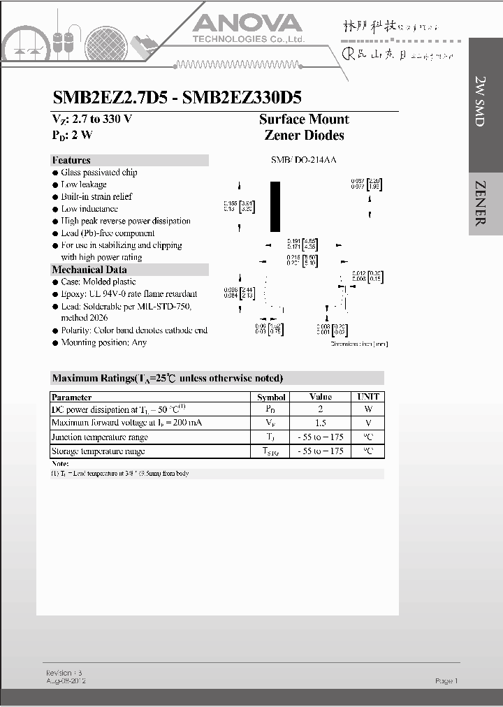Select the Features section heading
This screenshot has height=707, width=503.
coord(71,160)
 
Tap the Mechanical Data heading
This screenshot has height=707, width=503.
coord(89,270)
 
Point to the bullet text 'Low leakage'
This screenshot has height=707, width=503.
coord(84,184)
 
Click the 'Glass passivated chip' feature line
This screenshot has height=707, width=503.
coord(99,173)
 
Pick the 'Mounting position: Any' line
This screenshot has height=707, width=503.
coord(103,342)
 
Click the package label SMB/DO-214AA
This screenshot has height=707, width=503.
coord(304,160)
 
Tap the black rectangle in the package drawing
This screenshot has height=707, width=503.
coord(275,206)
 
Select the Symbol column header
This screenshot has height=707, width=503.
coord(271,397)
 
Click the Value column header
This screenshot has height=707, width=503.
coord(321,397)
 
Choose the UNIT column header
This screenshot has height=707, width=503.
coord(368,397)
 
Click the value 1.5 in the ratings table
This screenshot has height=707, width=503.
coord(321,423)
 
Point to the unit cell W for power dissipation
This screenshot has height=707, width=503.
coord(368,409)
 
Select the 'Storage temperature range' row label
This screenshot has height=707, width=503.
coord(99,451)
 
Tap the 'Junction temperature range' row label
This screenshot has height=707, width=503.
coord(100,437)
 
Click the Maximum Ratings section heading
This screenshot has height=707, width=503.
coord(168,378)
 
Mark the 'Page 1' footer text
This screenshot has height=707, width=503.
coord(446,680)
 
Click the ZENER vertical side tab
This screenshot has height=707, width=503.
coord(481,203)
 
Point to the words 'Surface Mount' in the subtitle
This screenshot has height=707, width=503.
coord(304,119)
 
